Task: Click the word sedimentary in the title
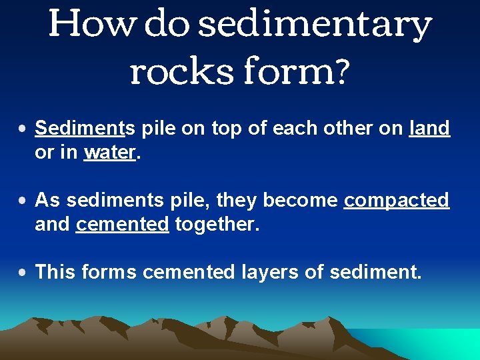click(x=315, y=25)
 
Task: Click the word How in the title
click(x=92, y=25)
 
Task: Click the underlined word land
click(x=429, y=128)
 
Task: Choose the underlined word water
click(x=110, y=153)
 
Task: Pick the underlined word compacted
click(x=396, y=200)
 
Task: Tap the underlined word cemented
click(x=122, y=225)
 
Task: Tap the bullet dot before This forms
click(x=23, y=273)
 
